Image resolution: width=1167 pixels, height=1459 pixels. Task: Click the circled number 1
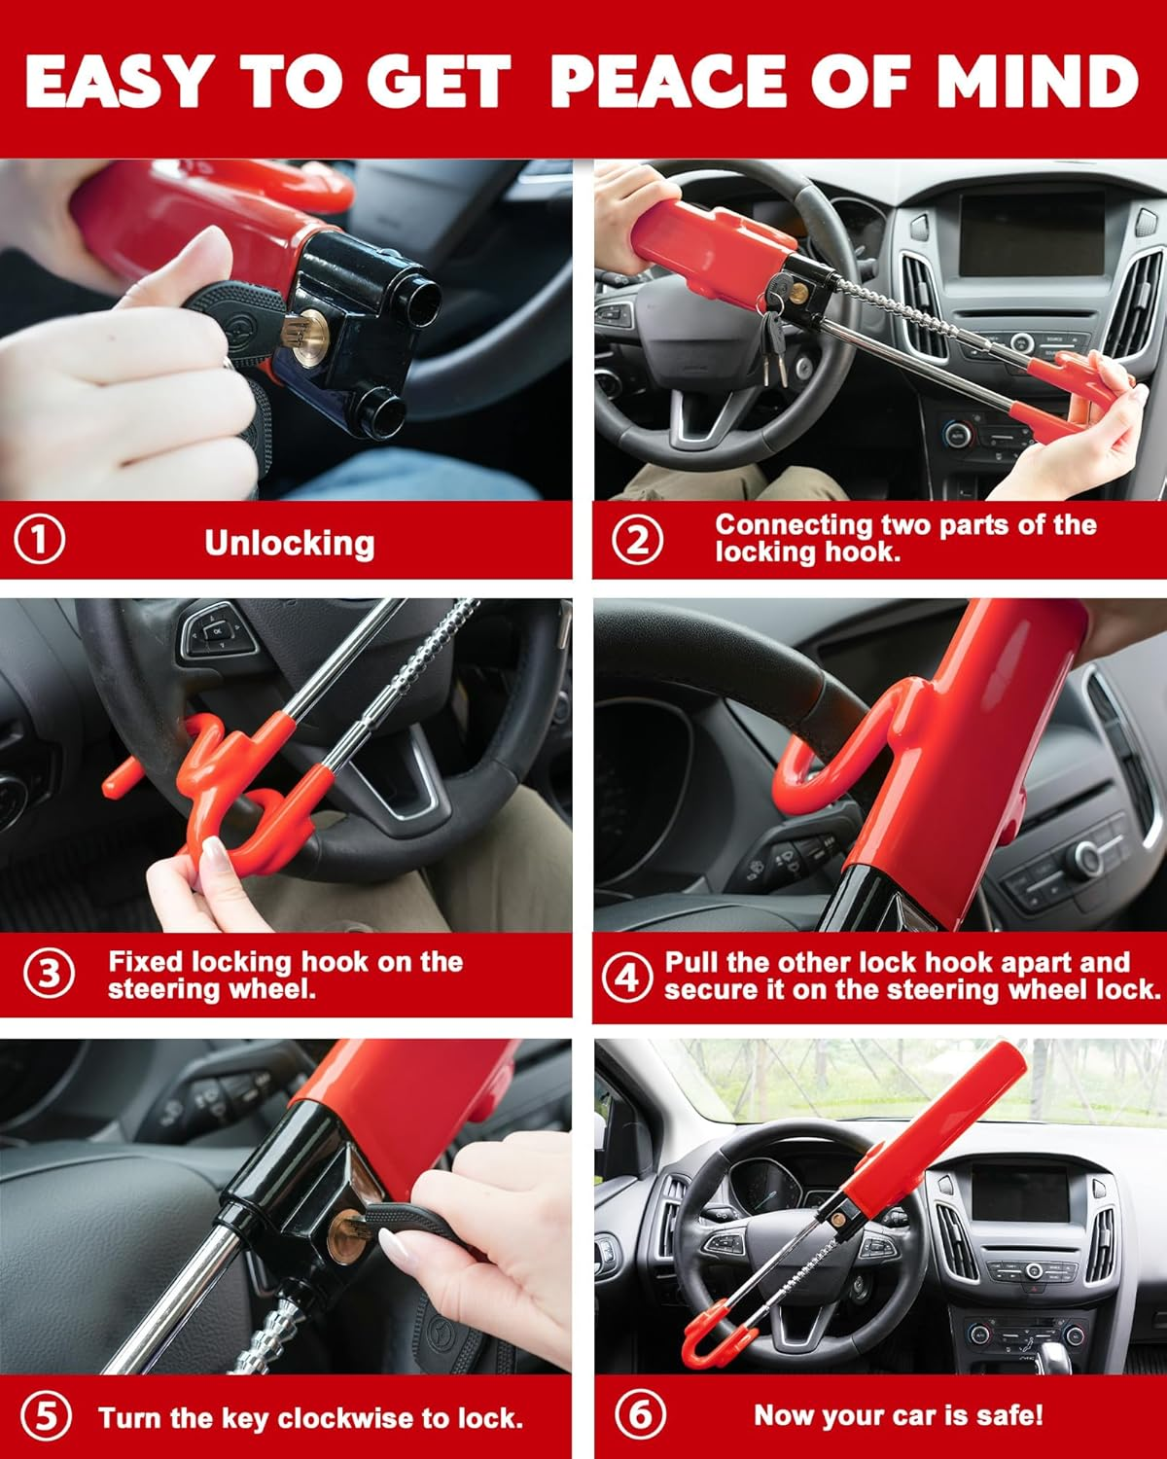pos(41,539)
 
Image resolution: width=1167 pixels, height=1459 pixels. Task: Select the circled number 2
pos(638,539)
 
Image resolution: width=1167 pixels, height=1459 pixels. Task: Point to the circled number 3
pos(48,974)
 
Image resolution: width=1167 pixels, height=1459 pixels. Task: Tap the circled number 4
pos(626,976)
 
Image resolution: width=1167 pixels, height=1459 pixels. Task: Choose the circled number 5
pos(46,1416)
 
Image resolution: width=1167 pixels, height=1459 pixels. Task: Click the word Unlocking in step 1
pos(289,543)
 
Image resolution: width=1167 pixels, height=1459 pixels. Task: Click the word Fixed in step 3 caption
pos(146,962)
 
